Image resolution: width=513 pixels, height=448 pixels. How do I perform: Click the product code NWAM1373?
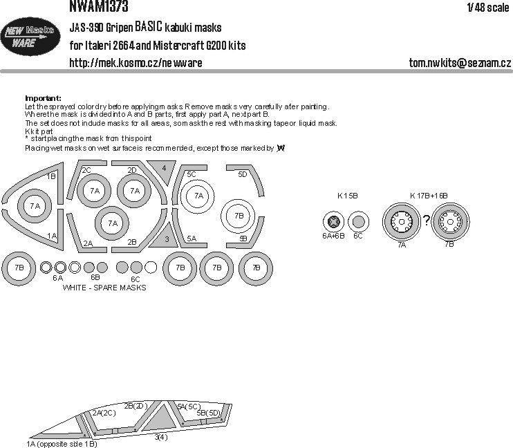coord(99,7)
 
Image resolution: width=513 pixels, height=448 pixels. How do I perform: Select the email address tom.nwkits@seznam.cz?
coord(460,63)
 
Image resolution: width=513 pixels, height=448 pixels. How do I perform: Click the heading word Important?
coord(43,98)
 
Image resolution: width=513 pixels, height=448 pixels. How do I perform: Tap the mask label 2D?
coord(131,169)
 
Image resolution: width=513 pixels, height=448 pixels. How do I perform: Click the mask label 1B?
coord(51,176)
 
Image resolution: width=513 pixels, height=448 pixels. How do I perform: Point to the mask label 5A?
coord(192,239)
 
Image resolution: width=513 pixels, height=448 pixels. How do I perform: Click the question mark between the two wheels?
coord(427,221)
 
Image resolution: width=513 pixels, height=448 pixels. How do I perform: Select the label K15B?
coord(348,196)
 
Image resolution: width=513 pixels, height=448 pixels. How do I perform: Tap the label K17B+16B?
coord(429,196)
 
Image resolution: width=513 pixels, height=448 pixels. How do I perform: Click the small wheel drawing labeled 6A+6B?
coord(334,223)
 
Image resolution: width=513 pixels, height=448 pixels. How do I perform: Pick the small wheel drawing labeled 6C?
coord(357,223)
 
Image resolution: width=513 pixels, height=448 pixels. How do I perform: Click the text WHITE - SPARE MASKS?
coord(104,287)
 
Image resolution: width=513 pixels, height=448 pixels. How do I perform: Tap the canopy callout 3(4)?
coord(160,437)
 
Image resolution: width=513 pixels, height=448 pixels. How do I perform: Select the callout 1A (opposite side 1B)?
coord(62,442)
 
